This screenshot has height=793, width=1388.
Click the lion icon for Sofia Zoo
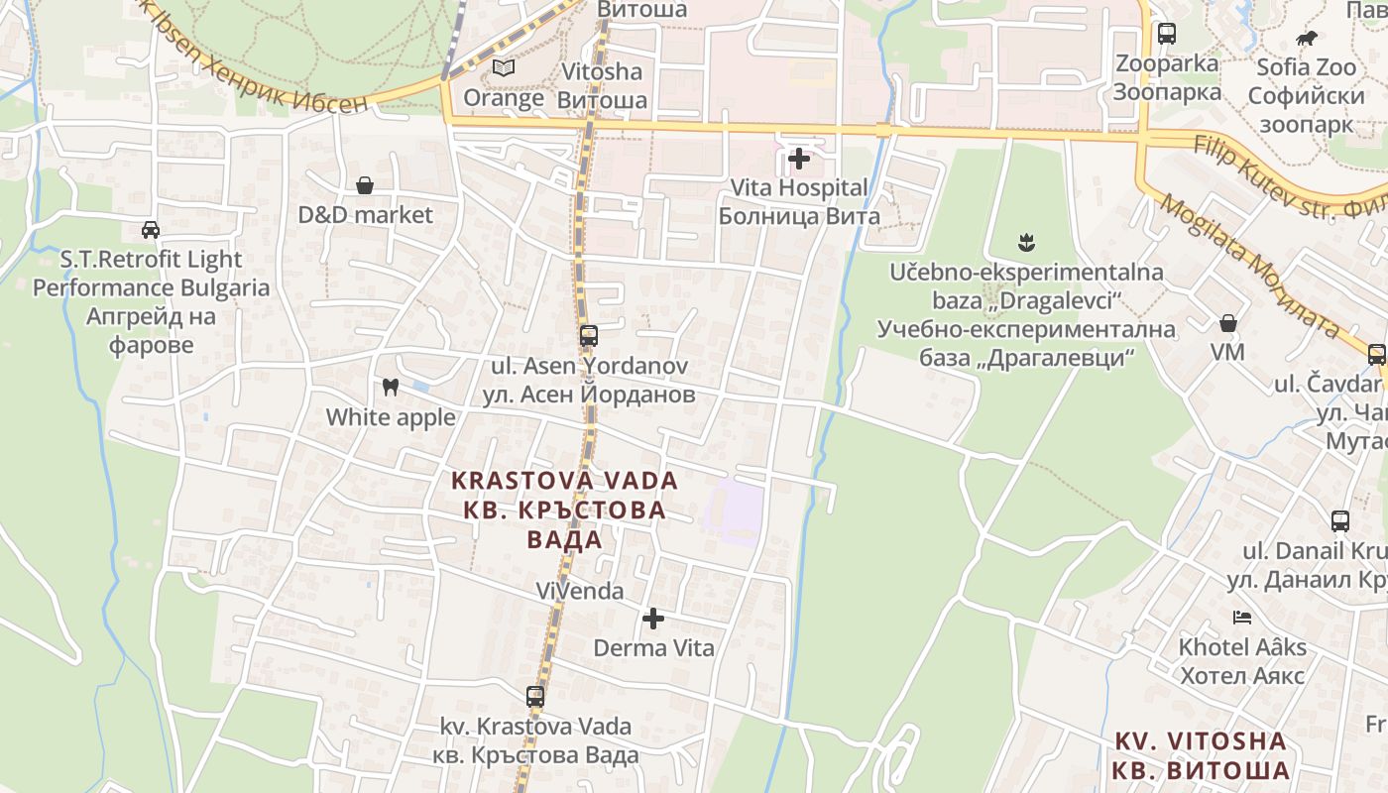[x=1307, y=39]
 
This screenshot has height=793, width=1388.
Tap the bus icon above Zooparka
[x=1167, y=34]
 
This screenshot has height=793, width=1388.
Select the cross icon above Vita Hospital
[x=798, y=158]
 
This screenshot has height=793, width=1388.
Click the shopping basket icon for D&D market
[x=365, y=185]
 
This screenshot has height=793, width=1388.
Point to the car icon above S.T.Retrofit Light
[x=151, y=230]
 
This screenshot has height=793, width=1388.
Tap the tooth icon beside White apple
[x=390, y=387]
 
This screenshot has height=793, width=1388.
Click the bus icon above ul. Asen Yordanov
[x=589, y=335]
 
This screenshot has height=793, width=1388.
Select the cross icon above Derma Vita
[x=653, y=619]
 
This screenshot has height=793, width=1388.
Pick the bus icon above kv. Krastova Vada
[x=535, y=696]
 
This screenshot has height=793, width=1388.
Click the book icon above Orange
[x=504, y=68]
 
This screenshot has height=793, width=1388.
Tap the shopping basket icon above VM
[x=1227, y=323]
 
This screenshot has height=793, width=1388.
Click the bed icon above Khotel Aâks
[x=1242, y=618]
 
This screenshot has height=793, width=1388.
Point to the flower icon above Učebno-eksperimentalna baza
[x=1026, y=241]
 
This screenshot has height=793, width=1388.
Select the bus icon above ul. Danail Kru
[x=1339, y=520]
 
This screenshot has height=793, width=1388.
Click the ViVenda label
[x=580, y=592]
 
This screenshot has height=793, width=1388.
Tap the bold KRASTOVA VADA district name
[x=564, y=481]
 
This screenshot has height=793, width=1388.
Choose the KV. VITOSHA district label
[x=1200, y=741]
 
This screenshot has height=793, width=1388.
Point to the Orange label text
[x=504, y=98]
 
